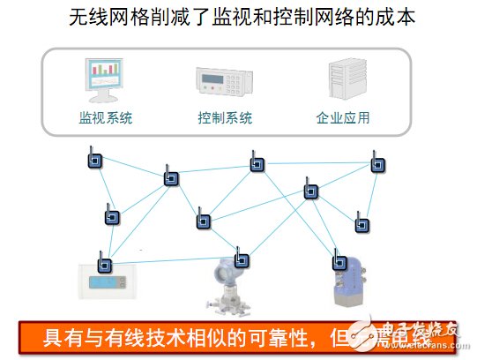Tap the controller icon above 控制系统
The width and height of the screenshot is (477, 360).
(224, 83)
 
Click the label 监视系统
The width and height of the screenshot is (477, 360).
(106, 117)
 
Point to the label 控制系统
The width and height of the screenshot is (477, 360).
(225, 117)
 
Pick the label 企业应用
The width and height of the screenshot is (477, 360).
(343, 117)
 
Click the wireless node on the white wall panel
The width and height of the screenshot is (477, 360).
(102, 262)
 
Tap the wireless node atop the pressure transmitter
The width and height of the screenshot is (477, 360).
(240, 260)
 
